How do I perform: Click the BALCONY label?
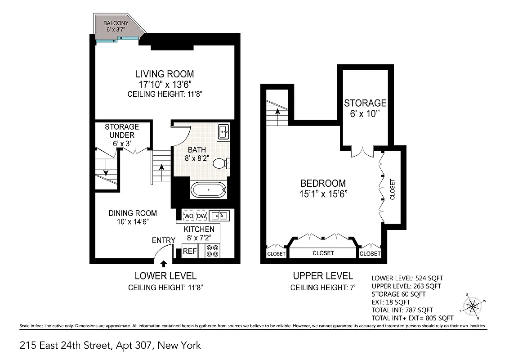click(x=116, y=23)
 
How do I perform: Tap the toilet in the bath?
click(x=221, y=163)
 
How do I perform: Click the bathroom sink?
click(x=223, y=132)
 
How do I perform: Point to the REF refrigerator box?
click(x=189, y=251)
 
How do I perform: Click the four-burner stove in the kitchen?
click(x=212, y=251)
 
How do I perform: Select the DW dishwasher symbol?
click(x=201, y=216)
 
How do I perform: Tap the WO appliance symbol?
click(x=189, y=216)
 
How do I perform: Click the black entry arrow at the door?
click(x=164, y=263)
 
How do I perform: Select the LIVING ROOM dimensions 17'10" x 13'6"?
click(x=165, y=85)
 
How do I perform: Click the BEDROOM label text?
click(x=323, y=183)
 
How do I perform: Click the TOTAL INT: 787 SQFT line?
click(x=402, y=310)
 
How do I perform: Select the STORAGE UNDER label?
click(x=122, y=130)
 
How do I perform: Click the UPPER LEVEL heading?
click(x=323, y=276)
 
